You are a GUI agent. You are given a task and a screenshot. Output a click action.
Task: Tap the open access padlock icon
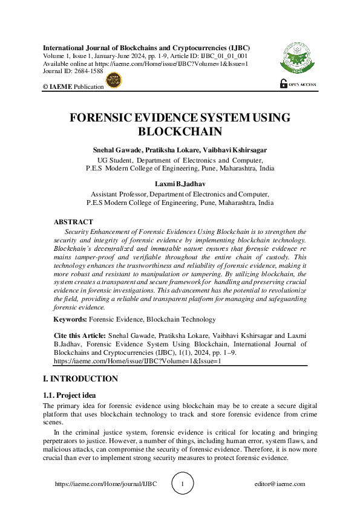click(x=283, y=84)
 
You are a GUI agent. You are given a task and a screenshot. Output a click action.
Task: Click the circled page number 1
click(x=184, y=484)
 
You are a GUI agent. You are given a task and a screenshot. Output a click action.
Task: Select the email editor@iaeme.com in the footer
click(x=280, y=484)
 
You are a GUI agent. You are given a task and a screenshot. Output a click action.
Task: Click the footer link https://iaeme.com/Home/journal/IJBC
click(x=110, y=484)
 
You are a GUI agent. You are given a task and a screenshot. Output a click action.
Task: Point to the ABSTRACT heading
click(x=73, y=222)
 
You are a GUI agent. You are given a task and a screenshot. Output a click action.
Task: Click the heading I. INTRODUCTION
click(x=80, y=379)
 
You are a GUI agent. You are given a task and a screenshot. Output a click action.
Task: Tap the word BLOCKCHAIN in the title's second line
click(x=180, y=131)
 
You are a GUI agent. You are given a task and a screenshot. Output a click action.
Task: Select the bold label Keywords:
click(x=71, y=319)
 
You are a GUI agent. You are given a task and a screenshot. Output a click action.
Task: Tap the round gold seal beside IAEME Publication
click(x=114, y=81)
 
